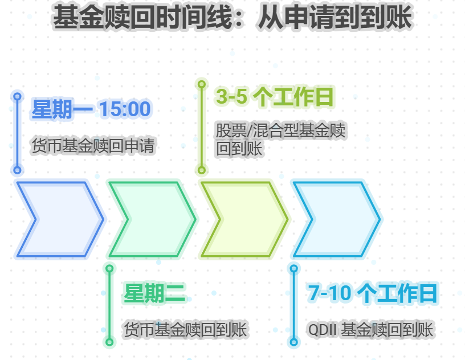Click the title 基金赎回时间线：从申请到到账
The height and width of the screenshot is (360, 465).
[232, 18]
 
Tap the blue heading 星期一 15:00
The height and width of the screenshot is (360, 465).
[91, 109]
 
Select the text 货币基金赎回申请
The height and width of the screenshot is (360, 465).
[93, 146]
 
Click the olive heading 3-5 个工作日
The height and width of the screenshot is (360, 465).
[275, 97]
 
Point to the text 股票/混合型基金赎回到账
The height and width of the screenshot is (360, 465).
[280, 140]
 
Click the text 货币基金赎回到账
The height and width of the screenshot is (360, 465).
[185, 330]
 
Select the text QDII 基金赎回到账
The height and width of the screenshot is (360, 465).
[371, 330]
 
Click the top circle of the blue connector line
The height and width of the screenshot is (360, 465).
[17, 97]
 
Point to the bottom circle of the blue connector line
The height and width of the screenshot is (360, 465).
[17, 170]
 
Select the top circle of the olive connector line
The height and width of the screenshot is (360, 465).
[201, 84]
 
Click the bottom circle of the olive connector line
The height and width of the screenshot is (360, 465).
[201, 170]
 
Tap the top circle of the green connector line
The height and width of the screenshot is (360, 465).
[109, 268]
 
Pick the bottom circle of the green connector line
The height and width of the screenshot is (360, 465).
[109, 342]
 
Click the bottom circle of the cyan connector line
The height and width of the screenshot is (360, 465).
[293, 342]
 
